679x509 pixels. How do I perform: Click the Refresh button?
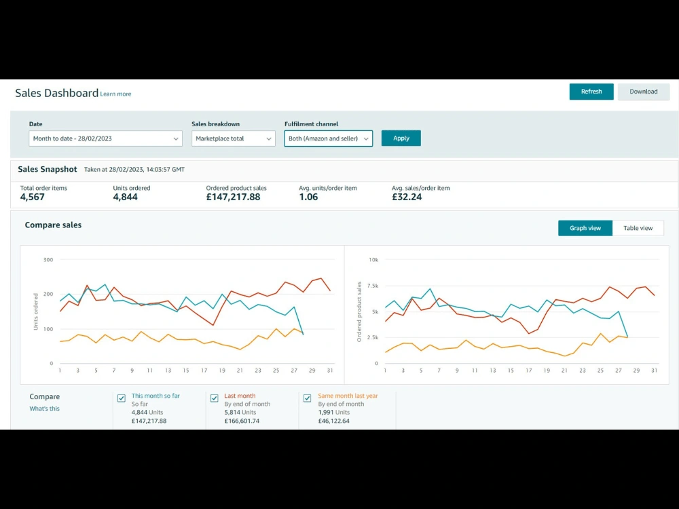pyautogui.click(x=591, y=92)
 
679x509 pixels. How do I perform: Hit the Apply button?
pyautogui.click(x=401, y=138)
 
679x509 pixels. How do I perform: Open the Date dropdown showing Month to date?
pyautogui.click(x=106, y=138)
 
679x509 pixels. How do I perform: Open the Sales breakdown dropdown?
pyautogui.click(x=234, y=138)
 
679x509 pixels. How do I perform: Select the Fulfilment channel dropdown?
pyautogui.click(x=328, y=138)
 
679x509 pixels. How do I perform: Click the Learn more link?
pyautogui.click(x=115, y=94)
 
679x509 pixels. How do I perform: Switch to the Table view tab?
pyautogui.click(x=638, y=228)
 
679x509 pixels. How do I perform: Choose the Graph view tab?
pyautogui.click(x=585, y=228)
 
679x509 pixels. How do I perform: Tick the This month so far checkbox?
pyautogui.click(x=122, y=398)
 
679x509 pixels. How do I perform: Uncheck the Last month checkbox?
pyautogui.click(x=215, y=398)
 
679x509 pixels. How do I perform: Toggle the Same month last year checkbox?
pyautogui.click(x=308, y=398)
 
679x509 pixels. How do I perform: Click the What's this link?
pyautogui.click(x=45, y=409)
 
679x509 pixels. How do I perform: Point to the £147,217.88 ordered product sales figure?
pyautogui.click(x=233, y=197)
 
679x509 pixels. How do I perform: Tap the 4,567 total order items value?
pyautogui.click(x=33, y=197)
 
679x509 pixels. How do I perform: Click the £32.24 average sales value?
pyautogui.click(x=407, y=197)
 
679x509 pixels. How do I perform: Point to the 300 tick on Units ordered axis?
pyautogui.click(x=48, y=260)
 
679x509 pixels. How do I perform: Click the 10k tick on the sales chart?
pyautogui.click(x=373, y=260)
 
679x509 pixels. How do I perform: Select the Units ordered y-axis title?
pyautogui.click(x=36, y=312)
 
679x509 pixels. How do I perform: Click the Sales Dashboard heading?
pyautogui.click(x=57, y=93)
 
